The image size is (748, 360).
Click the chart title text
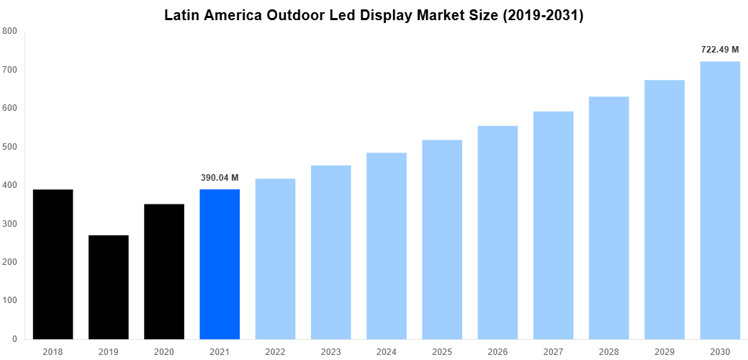[x=374, y=15]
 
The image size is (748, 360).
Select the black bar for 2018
[x=53, y=264]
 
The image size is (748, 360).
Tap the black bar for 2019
[x=108, y=287]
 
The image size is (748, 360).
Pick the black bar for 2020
[x=164, y=271]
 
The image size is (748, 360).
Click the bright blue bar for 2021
[x=220, y=264]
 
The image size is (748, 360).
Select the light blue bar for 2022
[x=275, y=258]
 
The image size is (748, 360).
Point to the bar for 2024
[x=386, y=246]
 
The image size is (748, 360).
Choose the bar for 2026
[x=497, y=232]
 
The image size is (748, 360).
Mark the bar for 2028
[x=608, y=217]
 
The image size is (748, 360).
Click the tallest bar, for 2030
[x=720, y=200]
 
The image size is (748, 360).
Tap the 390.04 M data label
[x=220, y=178]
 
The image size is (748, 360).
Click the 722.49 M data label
[x=720, y=50]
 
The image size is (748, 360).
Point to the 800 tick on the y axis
[x=10, y=31]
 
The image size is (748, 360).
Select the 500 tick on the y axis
[x=10, y=147]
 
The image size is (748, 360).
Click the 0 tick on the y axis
[x=14, y=339]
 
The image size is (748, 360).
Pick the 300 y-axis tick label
[x=10, y=224]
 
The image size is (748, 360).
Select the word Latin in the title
[x=183, y=15]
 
